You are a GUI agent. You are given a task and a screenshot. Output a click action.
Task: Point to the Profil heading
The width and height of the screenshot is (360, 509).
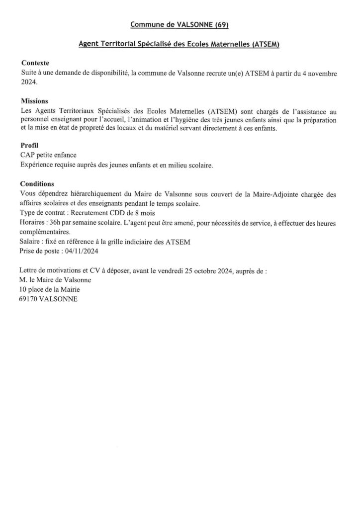(x=29, y=146)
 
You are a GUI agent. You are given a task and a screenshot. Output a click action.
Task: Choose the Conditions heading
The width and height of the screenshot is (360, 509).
(x=37, y=183)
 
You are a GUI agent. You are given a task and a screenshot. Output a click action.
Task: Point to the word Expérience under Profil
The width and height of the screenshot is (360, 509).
(x=37, y=165)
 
